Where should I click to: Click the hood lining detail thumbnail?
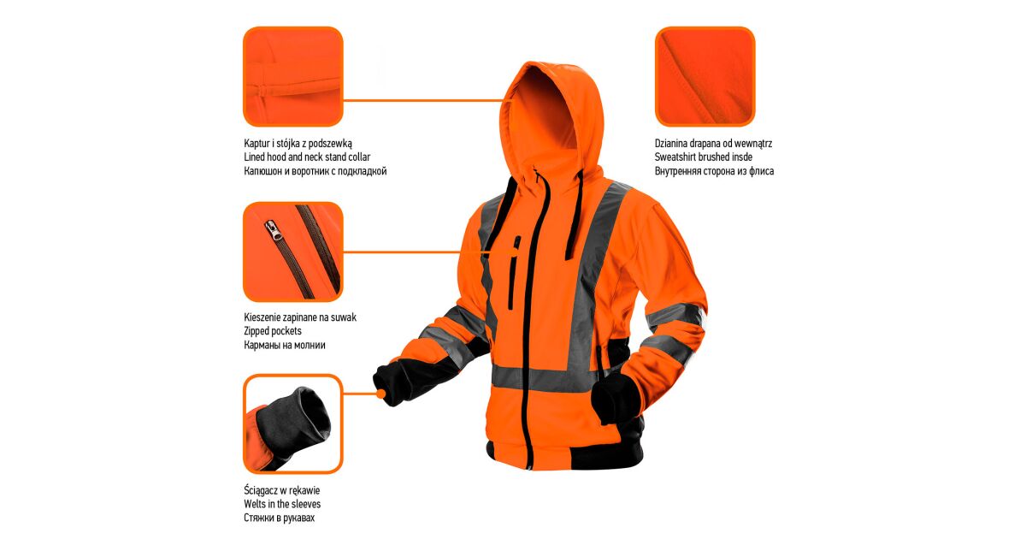click(293, 76)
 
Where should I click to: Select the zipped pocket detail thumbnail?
click(293, 252)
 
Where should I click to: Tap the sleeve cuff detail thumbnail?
click(293, 424)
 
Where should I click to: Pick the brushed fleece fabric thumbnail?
click(705, 76)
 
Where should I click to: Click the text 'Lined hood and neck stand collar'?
click(307, 157)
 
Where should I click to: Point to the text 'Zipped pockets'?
click(273, 331)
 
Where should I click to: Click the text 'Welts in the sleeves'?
click(282, 504)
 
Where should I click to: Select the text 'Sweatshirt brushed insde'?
click(704, 157)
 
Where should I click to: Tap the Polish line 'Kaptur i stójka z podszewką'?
click(298, 144)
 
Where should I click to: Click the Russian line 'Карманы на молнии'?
click(285, 345)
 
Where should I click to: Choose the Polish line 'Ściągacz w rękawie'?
click(281, 490)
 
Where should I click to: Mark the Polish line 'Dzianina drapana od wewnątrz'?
click(714, 144)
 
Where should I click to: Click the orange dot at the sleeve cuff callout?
click(381, 394)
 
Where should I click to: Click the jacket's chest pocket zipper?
click(514, 272)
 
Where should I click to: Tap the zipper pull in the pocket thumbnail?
click(274, 230)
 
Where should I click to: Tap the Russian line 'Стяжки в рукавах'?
click(280, 518)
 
